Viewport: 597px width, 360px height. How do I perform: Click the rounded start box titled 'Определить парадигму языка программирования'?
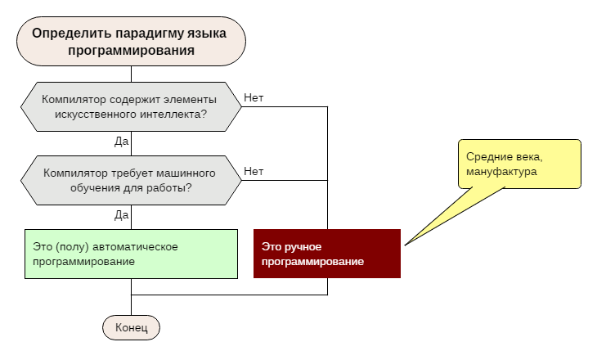click(x=131, y=41)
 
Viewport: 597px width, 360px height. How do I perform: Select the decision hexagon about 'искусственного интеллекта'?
click(x=131, y=106)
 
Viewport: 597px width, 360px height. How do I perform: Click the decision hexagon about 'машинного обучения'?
click(x=131, y=180)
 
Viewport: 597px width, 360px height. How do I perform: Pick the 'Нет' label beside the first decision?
click(x=254, y=98)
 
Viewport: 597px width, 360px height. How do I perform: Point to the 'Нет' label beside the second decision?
click(x=254, y=172)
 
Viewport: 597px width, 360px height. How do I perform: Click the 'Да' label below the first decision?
click(x=122, y=141)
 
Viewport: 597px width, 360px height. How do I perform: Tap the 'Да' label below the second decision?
click(x=122, y=214)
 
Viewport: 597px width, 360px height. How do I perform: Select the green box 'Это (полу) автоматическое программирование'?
click(x=131, y=254)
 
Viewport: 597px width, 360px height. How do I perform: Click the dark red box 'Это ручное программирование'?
click(x=327, y=254)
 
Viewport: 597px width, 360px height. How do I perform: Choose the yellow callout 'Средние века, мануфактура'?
click(x=519, y=164)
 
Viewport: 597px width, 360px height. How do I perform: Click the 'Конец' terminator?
click(x=131, y=327)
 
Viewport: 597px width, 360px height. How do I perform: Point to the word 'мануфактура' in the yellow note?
click(x=501, y=172)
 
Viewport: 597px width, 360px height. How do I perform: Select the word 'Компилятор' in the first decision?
click(x=71, y=99)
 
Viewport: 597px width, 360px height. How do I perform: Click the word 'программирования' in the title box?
click(x=131, y=50)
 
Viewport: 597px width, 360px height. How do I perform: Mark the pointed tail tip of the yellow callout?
click(x=405, y=244)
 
